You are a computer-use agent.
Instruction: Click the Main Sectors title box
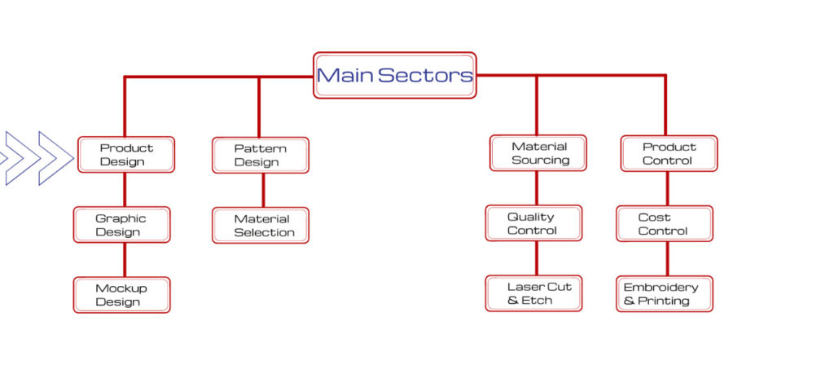pos(394,76)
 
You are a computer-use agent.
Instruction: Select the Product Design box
pos(126,155)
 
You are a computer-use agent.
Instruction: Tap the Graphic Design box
pos(121,225)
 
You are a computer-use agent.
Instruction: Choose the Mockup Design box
pos(121,295)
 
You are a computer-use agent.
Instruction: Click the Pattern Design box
pos(261,155)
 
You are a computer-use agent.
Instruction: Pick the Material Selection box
pos(261,226)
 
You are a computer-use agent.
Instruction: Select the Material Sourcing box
pos(538,153)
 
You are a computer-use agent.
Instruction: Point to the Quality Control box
pos(533,223)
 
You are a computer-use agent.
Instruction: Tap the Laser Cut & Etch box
pos(533,293)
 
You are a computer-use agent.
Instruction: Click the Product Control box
pos(669,153)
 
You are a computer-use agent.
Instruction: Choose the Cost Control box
pos(664,223)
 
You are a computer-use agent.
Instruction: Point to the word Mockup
pos(121,288)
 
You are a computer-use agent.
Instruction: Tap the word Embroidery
pos(661,287)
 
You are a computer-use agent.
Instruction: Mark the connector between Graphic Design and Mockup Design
pos(125,260)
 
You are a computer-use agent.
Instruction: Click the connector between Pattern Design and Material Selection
pos(262,191)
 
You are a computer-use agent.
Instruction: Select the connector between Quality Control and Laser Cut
pos(536,258)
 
